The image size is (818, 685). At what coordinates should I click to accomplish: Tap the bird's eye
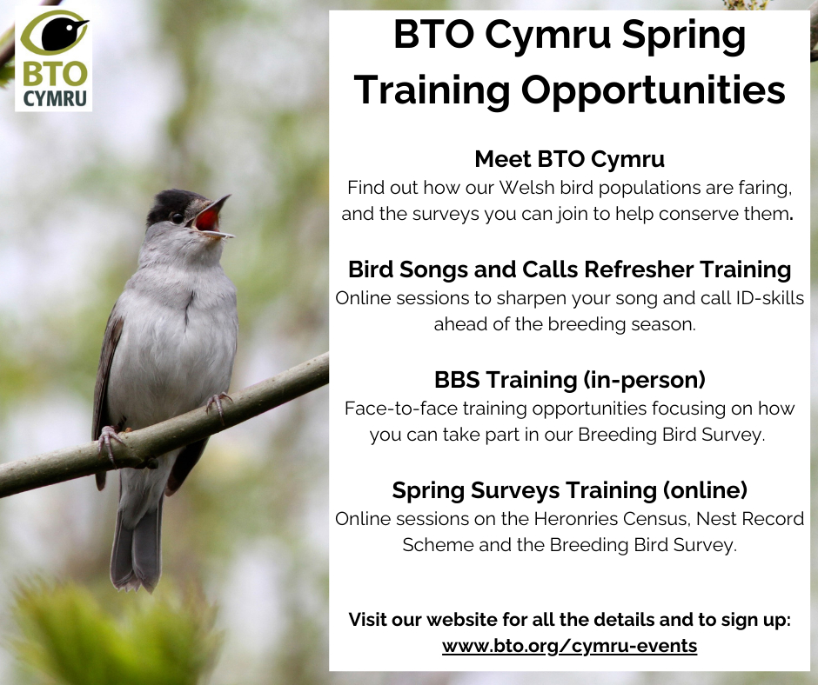coord(178,217)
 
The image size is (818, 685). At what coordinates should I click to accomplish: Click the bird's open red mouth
coord(208,218)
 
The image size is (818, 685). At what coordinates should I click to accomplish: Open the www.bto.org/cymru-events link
coord(569,645)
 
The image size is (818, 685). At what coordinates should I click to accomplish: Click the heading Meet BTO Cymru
coord(569,159)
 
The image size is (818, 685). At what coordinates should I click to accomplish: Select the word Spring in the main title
coord(684,36)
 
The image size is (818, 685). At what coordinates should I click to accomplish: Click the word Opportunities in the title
coord(654,90)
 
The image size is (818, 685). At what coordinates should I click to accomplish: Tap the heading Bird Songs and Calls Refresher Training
coord(569,269)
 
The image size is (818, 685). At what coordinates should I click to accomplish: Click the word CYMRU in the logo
coord(54,98)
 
